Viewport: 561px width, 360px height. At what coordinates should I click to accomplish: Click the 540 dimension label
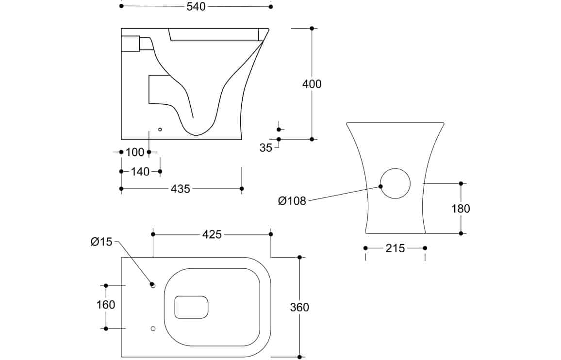pos(196,6)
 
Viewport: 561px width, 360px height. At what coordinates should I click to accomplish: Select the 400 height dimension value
pos(312,84)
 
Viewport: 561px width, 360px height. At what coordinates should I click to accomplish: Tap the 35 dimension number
pos(266,148)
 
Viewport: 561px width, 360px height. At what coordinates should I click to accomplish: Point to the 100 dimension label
pos(134,152)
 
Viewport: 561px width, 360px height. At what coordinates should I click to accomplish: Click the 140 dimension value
pos(140,172)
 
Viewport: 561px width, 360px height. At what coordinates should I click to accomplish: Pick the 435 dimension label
pos(181,189)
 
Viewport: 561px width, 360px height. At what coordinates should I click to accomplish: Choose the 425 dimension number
pos(212,234)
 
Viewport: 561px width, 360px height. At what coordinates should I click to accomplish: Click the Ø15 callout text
pos(101,242)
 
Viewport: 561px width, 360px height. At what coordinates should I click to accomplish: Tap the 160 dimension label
pos(106,305)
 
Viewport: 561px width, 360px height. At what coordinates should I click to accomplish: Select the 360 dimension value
pos(299,307)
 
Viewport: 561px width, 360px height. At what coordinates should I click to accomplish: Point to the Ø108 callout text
pos(292,201)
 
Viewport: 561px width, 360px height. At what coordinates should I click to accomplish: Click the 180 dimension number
pos(461,209)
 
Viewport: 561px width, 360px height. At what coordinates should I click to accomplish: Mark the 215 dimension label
pos(395,248)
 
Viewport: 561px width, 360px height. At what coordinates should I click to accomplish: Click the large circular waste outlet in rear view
pos(395,183)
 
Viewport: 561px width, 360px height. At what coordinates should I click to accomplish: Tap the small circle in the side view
pos(160,130)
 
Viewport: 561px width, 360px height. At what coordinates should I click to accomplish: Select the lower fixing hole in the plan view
pos(153,328)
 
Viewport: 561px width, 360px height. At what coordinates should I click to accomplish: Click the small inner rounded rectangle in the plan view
pos(191,307)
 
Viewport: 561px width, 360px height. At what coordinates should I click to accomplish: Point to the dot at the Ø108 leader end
pos(380,186)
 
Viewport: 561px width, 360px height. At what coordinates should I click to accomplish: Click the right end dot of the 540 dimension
pos(271,6)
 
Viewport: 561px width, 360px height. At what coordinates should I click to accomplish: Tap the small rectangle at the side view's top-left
pos(130,44)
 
